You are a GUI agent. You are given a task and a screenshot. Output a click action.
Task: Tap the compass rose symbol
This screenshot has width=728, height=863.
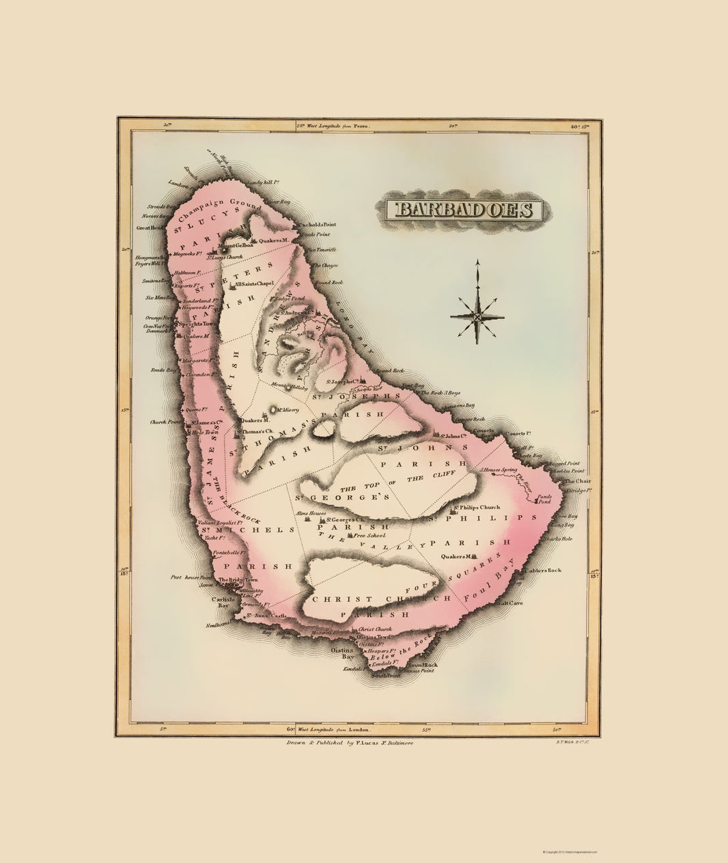(477, 316)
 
